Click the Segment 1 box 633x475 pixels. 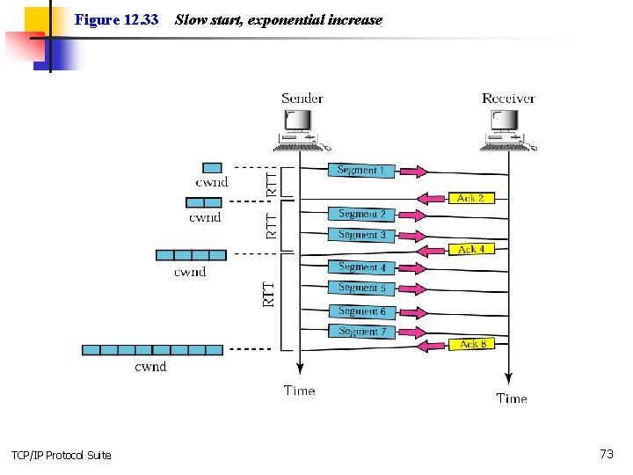361,171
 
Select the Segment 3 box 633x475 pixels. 361,235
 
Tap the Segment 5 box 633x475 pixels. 361,288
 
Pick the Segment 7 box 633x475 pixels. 361,332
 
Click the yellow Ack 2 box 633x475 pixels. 471,198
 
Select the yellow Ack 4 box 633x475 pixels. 471,249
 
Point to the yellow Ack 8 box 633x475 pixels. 471,344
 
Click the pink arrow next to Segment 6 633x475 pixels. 413,312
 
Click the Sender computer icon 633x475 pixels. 301,131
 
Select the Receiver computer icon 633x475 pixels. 507,131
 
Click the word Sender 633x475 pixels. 302,99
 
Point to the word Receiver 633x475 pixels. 509,99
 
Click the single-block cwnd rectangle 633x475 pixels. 212,168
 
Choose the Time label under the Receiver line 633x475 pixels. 512,398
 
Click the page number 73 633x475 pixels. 607,454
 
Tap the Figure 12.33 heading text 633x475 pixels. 116,19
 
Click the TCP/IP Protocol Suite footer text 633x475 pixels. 62,456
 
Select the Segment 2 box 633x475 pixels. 361,214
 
